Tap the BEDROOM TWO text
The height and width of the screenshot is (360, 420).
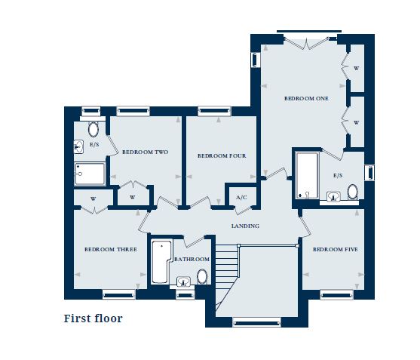tap(145, 152)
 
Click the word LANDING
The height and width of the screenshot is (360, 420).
tap(245, 226)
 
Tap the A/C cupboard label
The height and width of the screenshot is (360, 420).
tap(241, 198)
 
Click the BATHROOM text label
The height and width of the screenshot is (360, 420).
tap(192, 260)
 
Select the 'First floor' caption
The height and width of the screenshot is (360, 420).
tap(93, 318)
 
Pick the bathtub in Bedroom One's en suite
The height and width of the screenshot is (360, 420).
tap(307, 175)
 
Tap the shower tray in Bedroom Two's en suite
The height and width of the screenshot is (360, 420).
tap(91, 174)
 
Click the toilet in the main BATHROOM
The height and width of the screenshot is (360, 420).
tap(202, 277)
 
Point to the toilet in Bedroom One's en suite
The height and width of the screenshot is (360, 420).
tap(352, 191)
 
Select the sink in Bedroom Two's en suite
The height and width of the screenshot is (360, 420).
tap(79, 146)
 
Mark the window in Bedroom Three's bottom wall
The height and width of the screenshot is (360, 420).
tap(118, 294)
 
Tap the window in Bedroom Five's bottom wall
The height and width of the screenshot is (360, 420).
tap(336, 294)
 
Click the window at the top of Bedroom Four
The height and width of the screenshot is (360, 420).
tap(214, 111)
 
